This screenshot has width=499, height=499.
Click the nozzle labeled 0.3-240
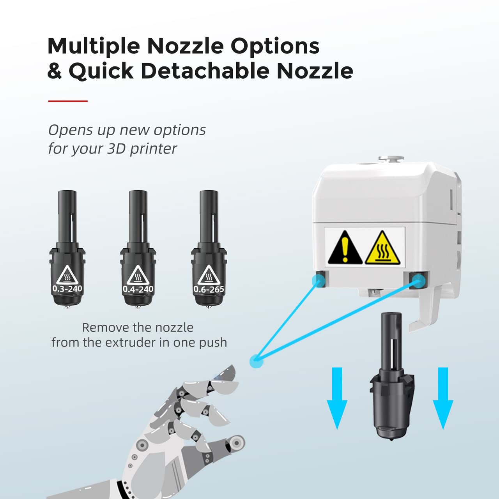(x=67, y=249)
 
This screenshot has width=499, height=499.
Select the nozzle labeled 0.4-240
(x=138, y=249)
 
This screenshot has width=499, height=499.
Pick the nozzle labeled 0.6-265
(x=209, y=249)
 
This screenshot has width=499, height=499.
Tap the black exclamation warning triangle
(x=345, y=247)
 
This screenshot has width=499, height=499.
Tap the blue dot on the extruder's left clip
(x=319, y=280)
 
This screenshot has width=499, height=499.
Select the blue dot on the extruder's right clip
(x=418, y=281)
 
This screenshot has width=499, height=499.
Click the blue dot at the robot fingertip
(x=257, y=361)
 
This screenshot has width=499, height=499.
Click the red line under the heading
(x=68, y=101)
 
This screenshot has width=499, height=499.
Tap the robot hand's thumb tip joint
(x=236, y=442)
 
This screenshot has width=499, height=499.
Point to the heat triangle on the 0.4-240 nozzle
(x=138, y=275)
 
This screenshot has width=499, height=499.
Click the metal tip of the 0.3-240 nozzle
(x=67, y=307)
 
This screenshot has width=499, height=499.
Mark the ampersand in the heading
(x=55, y=71)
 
